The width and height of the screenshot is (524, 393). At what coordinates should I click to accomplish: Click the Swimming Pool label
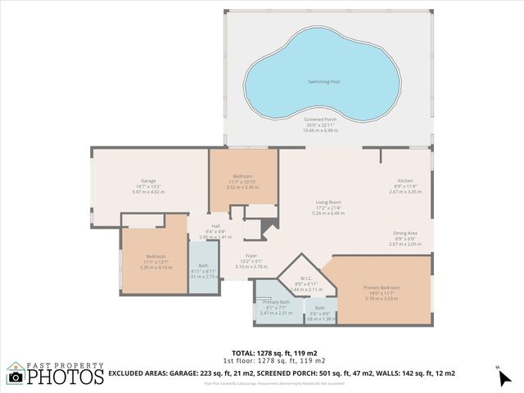(325, 82)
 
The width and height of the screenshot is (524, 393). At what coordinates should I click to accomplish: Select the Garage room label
(148, 181)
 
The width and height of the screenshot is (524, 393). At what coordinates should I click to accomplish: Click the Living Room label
(328, 202)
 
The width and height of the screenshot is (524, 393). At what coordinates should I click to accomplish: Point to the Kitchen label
(404, 181)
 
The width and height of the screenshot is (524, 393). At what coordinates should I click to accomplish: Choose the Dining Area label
(404, 233)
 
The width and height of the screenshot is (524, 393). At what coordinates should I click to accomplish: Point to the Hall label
(215, 226)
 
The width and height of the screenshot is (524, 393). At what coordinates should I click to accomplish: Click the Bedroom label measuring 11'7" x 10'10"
(242, 176)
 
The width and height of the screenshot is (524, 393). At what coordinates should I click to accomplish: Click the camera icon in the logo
(16, 377)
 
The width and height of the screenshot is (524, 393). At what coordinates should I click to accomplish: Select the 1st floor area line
(262, 360)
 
